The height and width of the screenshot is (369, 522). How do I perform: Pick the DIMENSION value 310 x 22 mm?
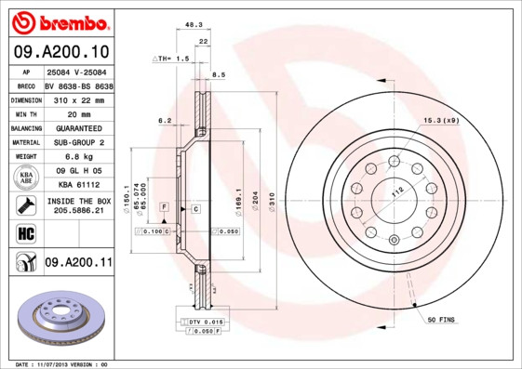coord(79,98)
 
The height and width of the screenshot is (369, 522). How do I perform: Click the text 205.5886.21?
coord(78,211)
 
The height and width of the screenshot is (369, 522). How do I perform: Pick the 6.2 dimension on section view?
coord(165,121)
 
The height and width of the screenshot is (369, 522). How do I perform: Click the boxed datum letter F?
coord(164,205)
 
